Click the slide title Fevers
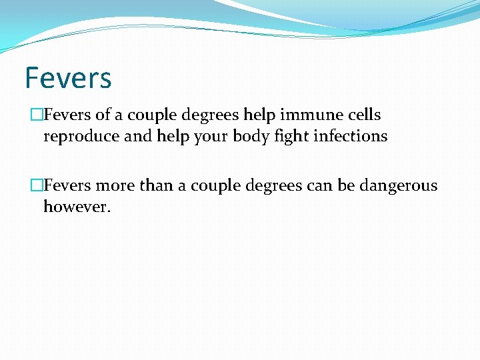click(68, 77)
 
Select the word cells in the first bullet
click(364, 115)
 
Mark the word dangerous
click(398, 185)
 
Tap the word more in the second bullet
click(115, 185)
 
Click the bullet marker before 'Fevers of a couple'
click(37, 115)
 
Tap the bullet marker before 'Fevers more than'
click(37, 186)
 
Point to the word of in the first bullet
click(103, 115)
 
